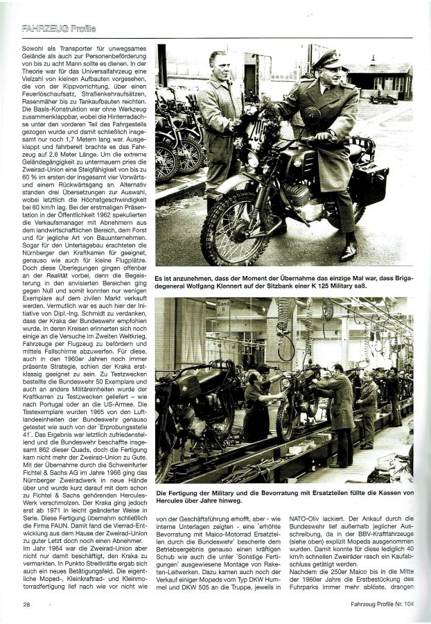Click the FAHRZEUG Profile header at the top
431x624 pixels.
[58, 29]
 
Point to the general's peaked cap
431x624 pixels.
[325, 60]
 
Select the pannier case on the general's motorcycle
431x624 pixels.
[369, 182]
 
